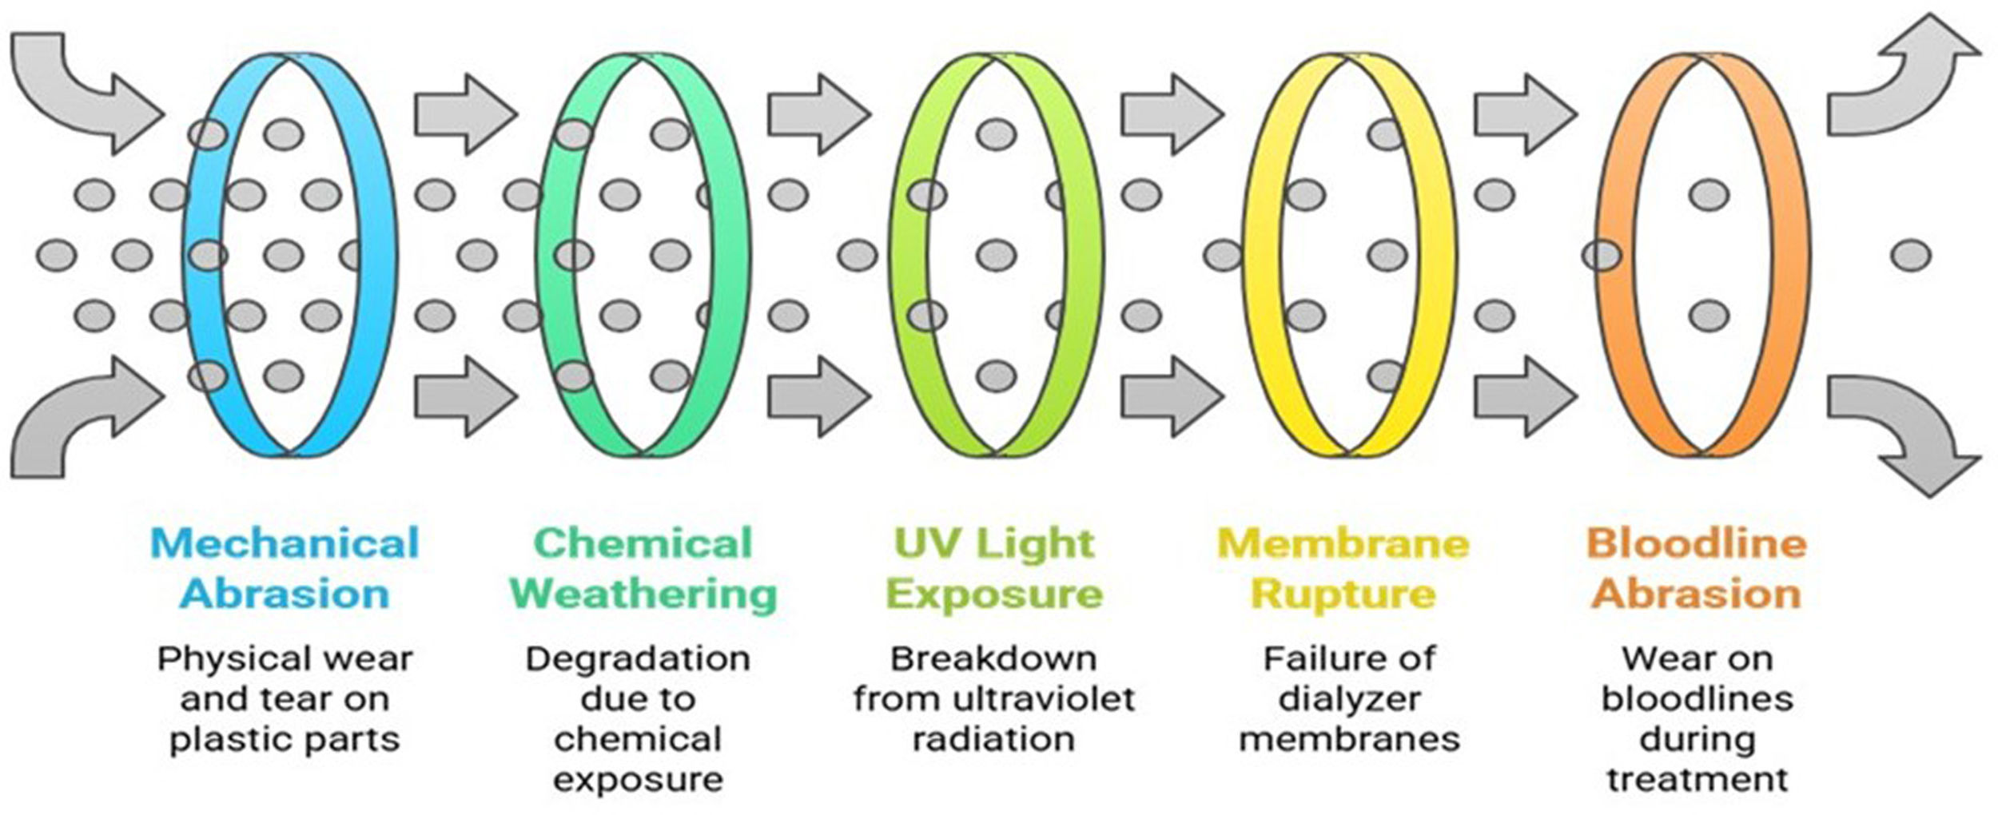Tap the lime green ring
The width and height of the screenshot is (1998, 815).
(1084, 256)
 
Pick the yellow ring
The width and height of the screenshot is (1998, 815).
(1437, 256)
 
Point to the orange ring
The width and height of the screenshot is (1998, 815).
(1790, 256)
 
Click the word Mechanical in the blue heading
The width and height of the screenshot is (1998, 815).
(285, 544)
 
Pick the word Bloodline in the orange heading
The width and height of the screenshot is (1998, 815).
(1697, 544)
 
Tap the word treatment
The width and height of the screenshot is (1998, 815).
(1698, 780)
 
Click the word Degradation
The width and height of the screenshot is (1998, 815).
(638, 660)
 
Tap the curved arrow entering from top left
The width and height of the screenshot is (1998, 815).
(80, 88)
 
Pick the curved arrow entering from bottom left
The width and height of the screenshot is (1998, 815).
(80, 423)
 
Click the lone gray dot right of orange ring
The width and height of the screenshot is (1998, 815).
(1912, 256)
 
